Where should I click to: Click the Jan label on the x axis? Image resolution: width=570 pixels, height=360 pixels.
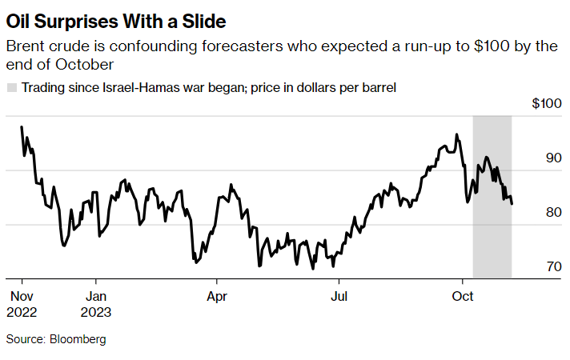[x=96, y=296]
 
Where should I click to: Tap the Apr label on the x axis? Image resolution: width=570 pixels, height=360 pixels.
[x=217, y=296]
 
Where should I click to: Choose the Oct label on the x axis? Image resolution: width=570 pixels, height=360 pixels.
[x=463, y=296]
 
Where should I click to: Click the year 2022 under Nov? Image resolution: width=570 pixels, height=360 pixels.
[x=22, y=312]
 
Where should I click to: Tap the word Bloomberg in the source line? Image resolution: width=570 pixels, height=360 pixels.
[x=78, y=339]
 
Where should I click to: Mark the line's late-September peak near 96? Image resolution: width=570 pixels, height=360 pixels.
[x=456, y=134]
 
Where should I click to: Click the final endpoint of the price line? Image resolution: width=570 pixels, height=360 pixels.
[x=512, y=204]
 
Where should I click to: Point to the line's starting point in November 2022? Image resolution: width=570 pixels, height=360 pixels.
[x=22, y=126]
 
